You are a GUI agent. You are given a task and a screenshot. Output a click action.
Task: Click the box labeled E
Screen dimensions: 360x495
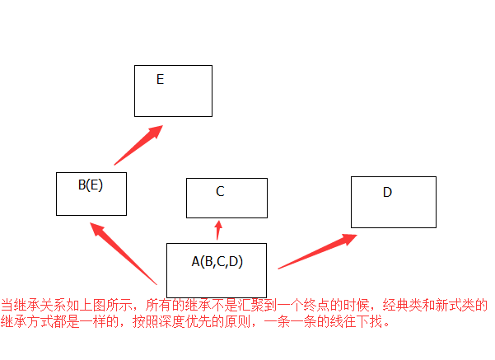173,91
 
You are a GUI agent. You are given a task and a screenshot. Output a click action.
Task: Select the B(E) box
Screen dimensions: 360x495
91,194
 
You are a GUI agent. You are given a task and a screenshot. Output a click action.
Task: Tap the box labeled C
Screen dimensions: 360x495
226,198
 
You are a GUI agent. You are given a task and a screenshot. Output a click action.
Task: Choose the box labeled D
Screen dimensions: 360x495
393,202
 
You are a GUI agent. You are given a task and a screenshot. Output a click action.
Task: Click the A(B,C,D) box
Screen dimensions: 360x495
217,269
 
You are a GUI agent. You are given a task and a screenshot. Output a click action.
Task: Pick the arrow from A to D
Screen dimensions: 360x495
317,251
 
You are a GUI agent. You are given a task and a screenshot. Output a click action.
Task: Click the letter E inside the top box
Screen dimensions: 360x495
160,80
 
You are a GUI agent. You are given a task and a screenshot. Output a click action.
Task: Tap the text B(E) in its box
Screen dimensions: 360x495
91,185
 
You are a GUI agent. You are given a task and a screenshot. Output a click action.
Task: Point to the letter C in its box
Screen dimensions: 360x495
220,192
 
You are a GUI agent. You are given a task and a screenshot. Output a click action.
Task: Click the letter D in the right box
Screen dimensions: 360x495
387,193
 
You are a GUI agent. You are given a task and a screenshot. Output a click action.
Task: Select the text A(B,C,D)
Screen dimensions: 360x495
217,262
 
